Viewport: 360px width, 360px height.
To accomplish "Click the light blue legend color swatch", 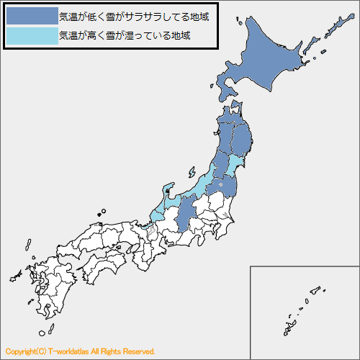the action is (x=31, y=35).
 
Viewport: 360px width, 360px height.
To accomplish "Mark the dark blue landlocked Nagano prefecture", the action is (x=186, y=213).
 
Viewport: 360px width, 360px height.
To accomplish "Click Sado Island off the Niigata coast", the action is (x=192, y=173).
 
